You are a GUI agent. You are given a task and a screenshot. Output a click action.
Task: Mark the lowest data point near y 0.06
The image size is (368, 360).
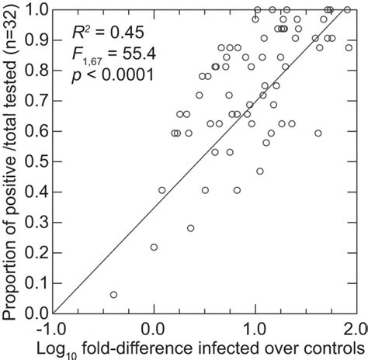click(113, 295)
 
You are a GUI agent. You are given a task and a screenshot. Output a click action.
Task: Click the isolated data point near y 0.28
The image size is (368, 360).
click(190, 228)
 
